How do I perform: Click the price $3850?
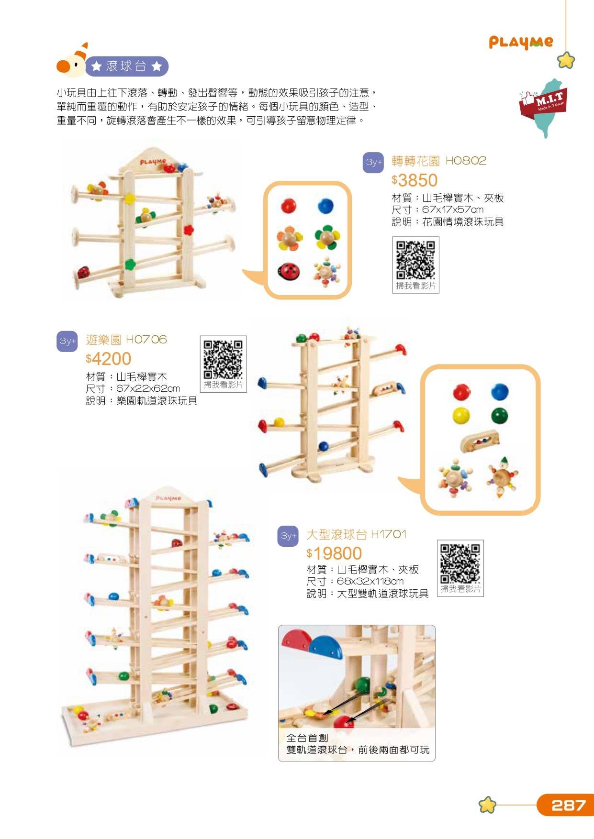tap(415, 180)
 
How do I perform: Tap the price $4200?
tap(108, 359)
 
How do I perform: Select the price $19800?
tap(334, 553)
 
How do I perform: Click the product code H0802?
tap(466, 161)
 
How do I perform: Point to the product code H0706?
tap(146, 340)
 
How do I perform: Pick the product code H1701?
tap(388, 534)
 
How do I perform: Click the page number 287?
tap(568, 805)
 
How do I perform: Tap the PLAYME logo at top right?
tap(521, 43)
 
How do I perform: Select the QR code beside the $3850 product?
tap(415, 260)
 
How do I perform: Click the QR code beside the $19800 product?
tap(460, 563)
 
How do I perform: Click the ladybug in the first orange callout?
tap(289, 271)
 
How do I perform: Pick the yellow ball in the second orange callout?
tap(461, 415)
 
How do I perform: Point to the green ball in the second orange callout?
tap(499, 415)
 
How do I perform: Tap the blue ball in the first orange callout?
tap(325, 206)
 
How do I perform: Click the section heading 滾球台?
tap(126, 66)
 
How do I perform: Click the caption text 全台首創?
tap(307, 738)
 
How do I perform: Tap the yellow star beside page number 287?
tap(487, 805)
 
